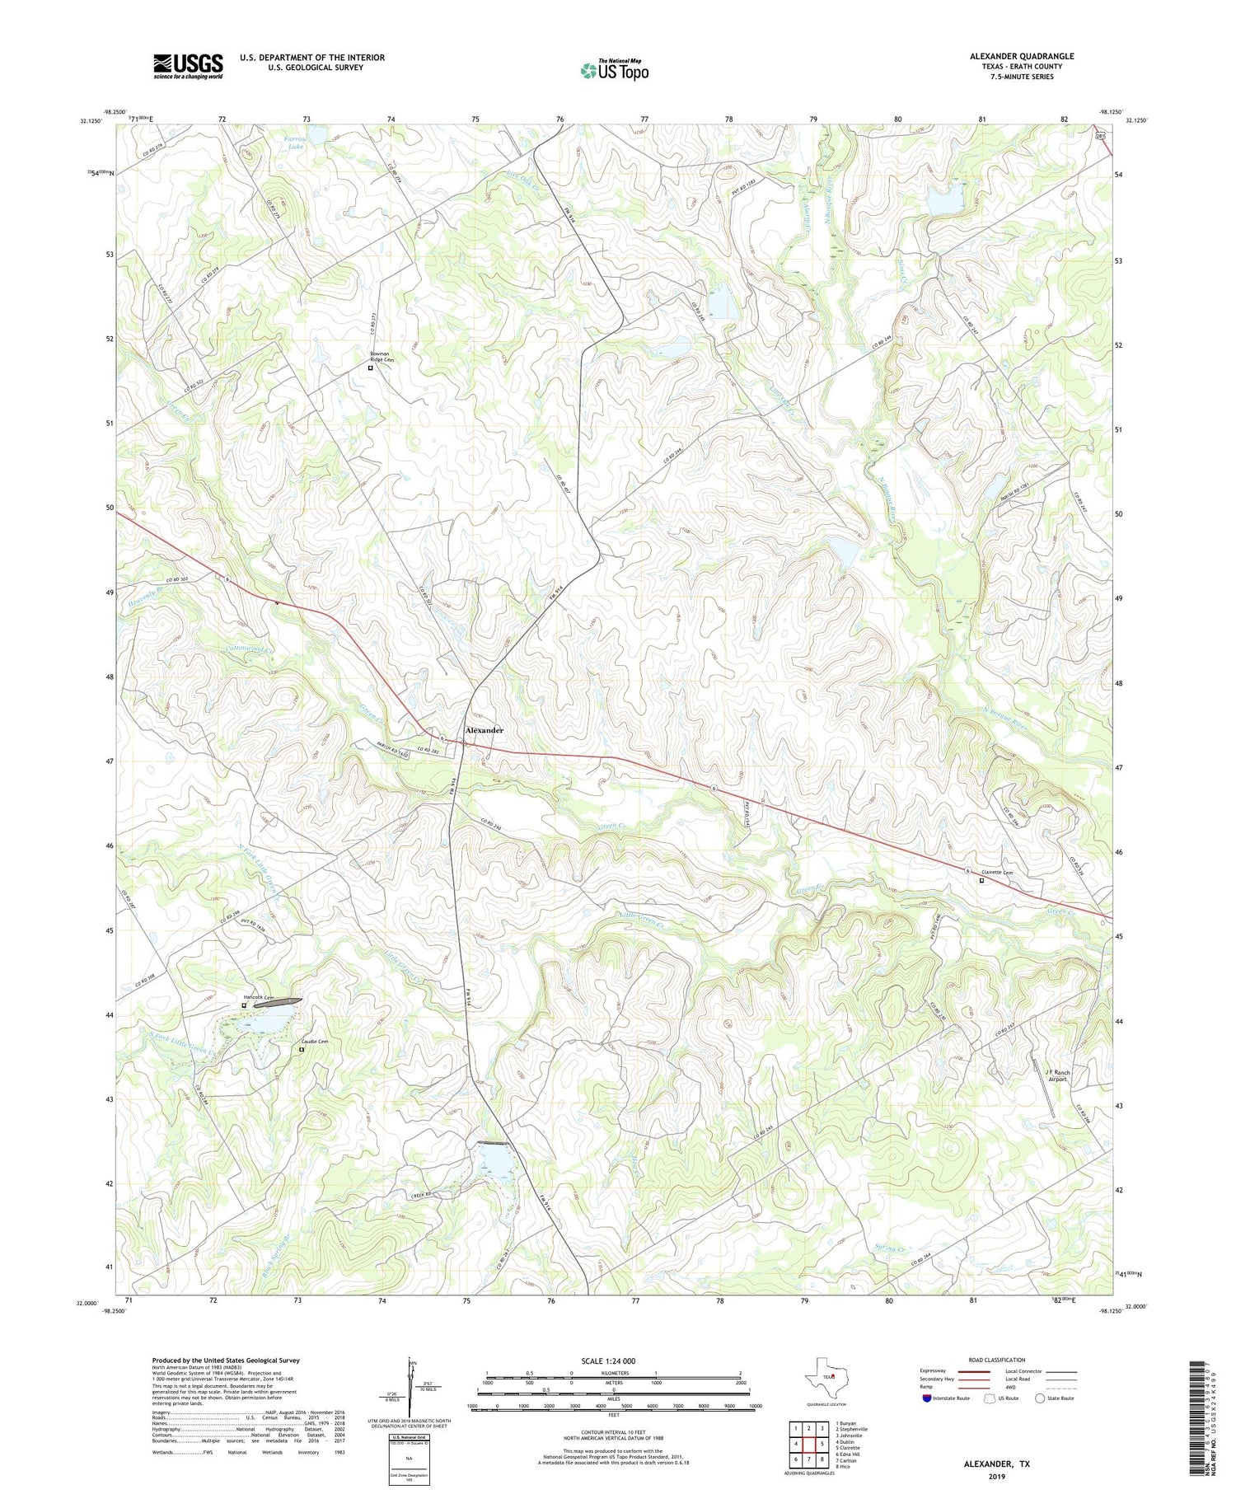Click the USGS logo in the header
[x=188, y=66]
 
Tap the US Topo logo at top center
[x=614, y=70]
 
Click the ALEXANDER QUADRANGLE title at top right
[x=1022, y=56]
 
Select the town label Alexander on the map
[x=484, y=730]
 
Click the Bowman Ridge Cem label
[x=381, y=358]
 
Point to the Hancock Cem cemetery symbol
[x=244, y=1005]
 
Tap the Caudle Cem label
[x=313, y=1042]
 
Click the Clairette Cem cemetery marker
[x=981, y=880]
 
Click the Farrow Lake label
[x=295, y=143]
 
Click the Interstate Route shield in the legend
[x=928, y=1398]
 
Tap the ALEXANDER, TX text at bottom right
[x=996, y=1464]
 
